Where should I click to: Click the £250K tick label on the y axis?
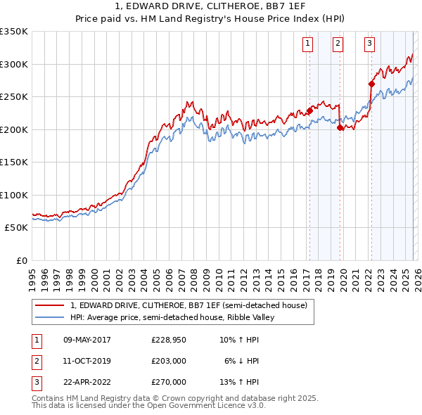[x=14, y=96]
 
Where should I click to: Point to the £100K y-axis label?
[x=14, y=195]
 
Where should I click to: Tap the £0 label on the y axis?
[x=22, y=261]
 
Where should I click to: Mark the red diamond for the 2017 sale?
[x=309, y=110]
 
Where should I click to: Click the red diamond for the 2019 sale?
[x=340, y=127]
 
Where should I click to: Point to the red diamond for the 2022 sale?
[x=371, y=84]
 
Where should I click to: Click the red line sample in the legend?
[x=51, y=306]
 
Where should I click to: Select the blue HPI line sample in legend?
[x=51, y=317]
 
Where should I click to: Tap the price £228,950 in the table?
[x=168, y=340]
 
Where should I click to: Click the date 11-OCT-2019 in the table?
[x=87, y=361]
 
